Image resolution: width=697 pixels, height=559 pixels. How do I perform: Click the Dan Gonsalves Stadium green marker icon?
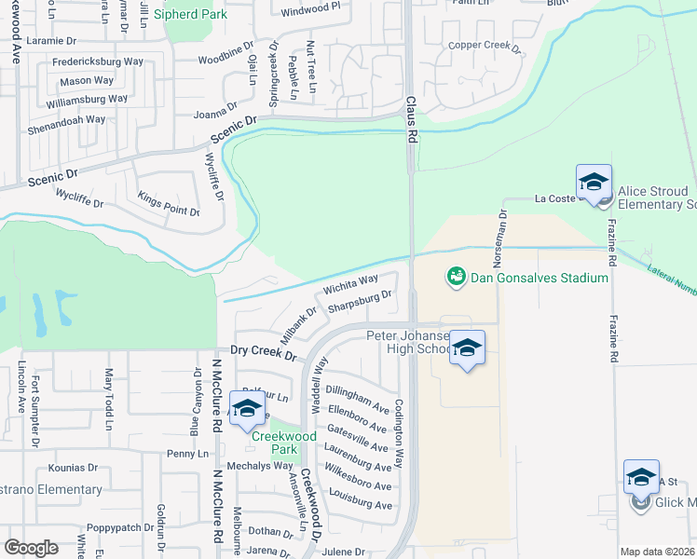click(456, 277)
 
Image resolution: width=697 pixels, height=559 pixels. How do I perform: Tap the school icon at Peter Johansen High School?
click(467, 348)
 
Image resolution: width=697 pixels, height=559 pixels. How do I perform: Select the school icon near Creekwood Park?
click(247, 409)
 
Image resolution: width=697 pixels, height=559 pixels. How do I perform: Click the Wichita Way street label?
click(350, 284)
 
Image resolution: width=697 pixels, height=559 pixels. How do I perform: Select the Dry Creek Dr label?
click(263, 356)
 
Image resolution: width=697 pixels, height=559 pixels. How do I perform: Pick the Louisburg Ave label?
click(359, 505)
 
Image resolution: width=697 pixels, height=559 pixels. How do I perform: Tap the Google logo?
click(31, 547)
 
